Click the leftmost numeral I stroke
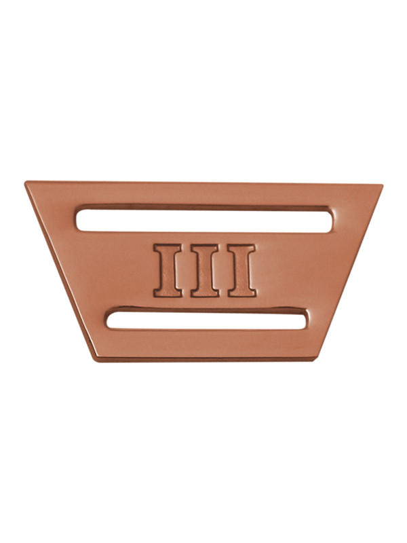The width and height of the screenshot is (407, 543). tap(168, 270)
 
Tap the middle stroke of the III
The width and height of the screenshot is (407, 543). tap(205, 270)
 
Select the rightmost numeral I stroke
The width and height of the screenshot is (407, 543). tap(242, 270)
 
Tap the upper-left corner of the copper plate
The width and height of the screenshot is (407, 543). tap(25, 181)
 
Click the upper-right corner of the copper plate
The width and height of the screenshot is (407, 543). tap(382, 185)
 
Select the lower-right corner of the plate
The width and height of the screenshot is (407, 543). tap(315, 360)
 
